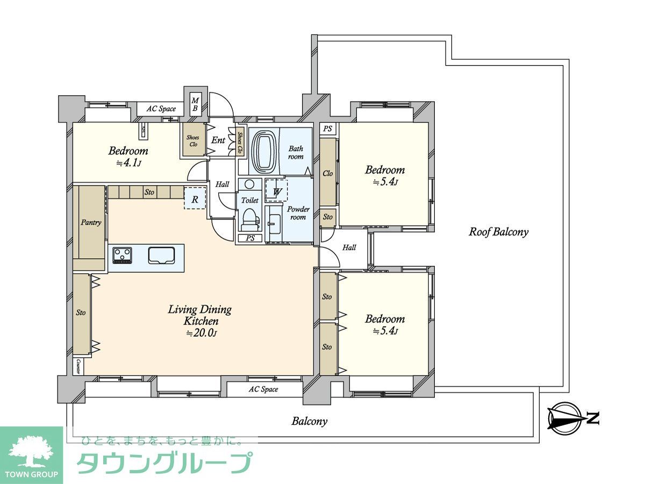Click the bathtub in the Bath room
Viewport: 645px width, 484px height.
pyautogui.click(x=263, y=152)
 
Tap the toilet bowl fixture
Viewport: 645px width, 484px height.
pyautogui.click(x=249, y=218)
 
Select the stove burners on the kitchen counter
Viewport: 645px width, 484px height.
pyautogui.click(x=121, y=255)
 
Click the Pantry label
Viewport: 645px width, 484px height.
pyautogui.click(x=91, y=222)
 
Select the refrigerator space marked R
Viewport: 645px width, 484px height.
pyautogui.click(x=195, y=198)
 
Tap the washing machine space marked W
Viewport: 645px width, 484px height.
pyautogui.click(x=276, y=191)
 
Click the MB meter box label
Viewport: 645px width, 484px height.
pyautogui.click(x=195, y=104)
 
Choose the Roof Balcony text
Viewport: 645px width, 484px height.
pyautogui.click(x=498, y=232)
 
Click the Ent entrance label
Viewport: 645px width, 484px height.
pyautogui.click(x=219, y=140)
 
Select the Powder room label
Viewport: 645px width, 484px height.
pyautogui.click(x=298, y=213)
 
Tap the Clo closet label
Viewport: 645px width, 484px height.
pyautogui.click(x=327, y=173)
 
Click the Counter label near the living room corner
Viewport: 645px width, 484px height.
pyautogui.click(x=78, y=367)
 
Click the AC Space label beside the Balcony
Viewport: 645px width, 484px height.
pyautogui.click(x=263, y=389)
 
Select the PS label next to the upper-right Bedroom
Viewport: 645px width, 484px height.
pyautogui.click(x=327, y=129)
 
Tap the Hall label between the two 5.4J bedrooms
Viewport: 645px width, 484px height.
pyautogui.click(x=349, y=248)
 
